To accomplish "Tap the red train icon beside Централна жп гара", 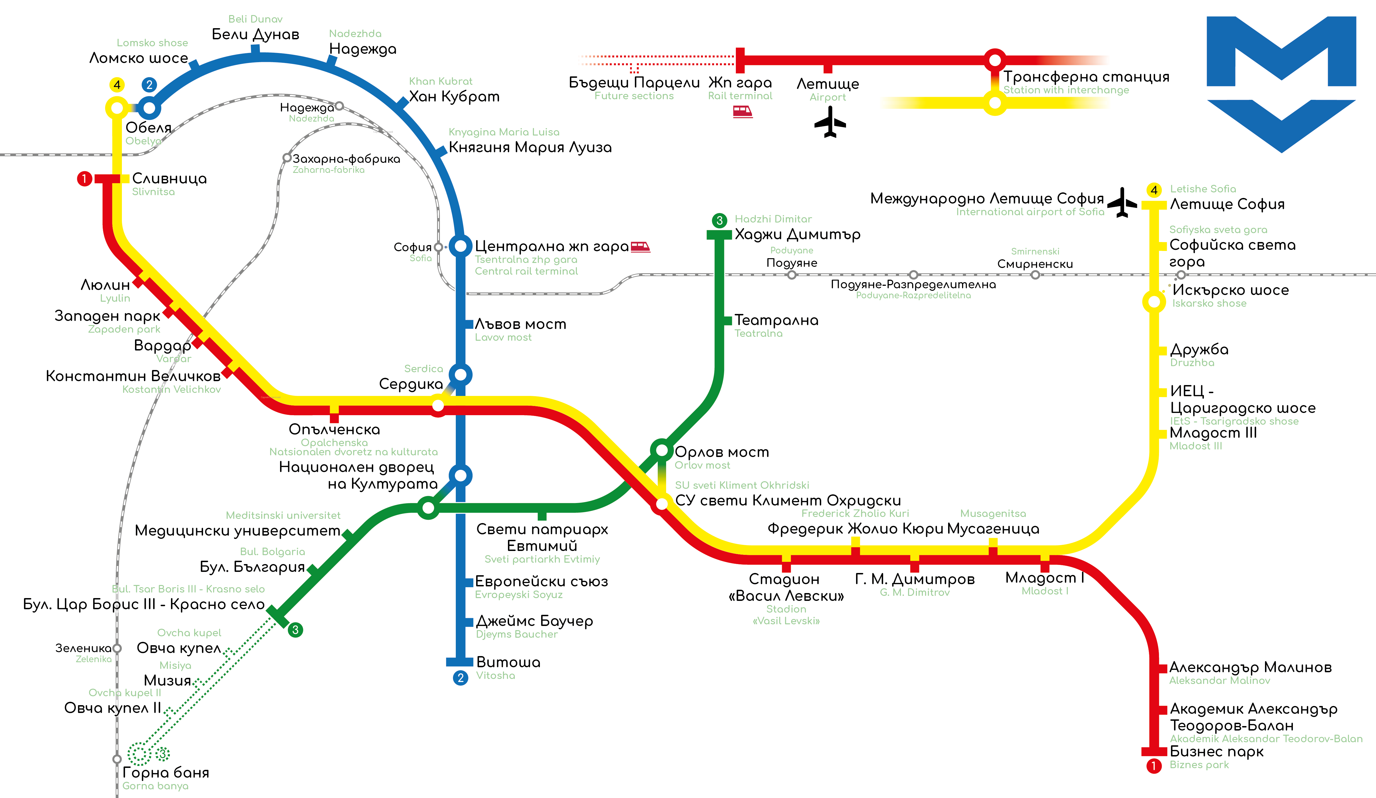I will [640, 247].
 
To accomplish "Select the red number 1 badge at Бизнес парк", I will [1154, 766].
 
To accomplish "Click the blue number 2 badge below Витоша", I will [460, 678].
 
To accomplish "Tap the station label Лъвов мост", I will [520, 324].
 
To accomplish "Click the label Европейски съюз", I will [541, 581].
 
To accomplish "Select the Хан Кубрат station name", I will [454, 96].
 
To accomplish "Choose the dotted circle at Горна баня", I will [139, 754].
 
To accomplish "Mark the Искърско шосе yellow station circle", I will [1154, 301].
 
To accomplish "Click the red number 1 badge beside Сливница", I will [84, 178].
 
